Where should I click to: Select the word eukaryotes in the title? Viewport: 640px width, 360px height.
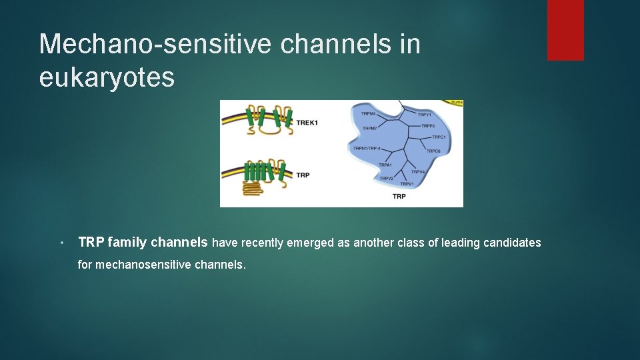pyautogui.click(x=107, y=77)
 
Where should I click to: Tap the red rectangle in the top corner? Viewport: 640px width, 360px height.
pyautogui.click(x=565, y=30)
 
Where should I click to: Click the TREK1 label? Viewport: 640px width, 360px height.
pyautogui.click(x=307, y=123)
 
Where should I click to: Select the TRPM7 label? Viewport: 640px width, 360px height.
pyautogui.click(x=371, y=128)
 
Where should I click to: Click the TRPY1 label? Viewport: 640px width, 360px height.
pyautogui.click(x=425, y=115)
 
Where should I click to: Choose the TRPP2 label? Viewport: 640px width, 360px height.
pyautogui.click(x=427, y=126)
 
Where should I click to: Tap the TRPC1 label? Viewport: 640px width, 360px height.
pyautogui.click(x=439, y=137)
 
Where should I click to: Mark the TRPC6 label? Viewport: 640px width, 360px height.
pyautogui.click(x=433, y=151)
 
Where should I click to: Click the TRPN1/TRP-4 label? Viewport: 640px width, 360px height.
pyautogui.click(x=367, y=148)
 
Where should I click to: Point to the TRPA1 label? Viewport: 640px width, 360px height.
pyautogui.click(x=385, y=165)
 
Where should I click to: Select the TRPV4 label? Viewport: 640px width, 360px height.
pyautogui.click(x=418, y=172)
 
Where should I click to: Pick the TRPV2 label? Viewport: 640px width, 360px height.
pyautogui.click(x=387, y=179)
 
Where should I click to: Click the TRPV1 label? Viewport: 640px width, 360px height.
pyautogui.click(x=407, y=184)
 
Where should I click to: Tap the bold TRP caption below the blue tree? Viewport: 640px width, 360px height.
pyautogui.click(x=399, y=197)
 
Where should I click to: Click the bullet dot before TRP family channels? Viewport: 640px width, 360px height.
pyautogui.click(x=61, y=243)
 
